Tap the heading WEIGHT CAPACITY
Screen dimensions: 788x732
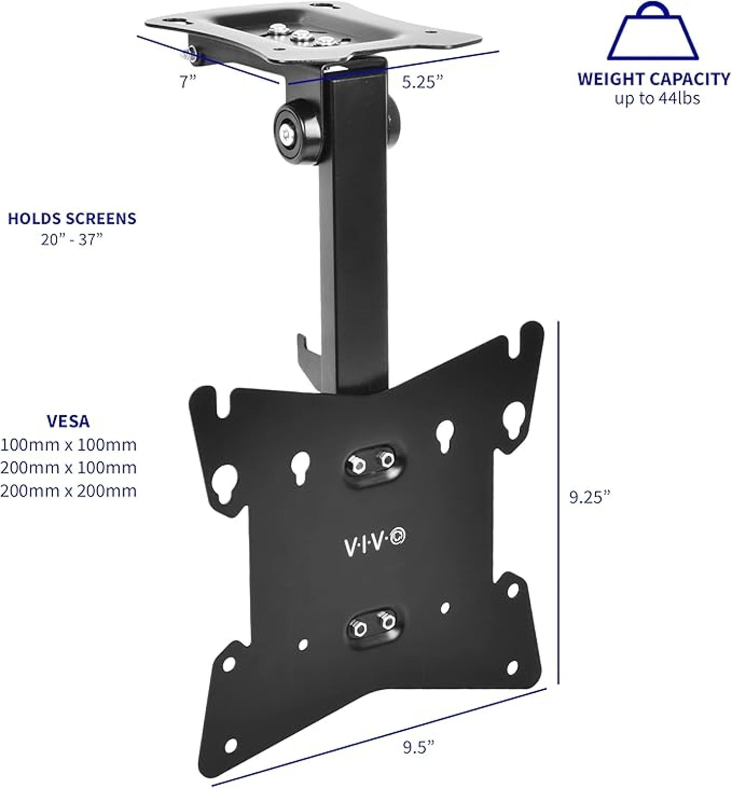click(653, 79)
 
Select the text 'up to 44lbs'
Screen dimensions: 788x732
click(657, 98)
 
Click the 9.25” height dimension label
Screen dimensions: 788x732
click(590, 497)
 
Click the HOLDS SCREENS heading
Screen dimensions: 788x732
click(72, 219)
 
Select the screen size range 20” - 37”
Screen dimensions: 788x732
click(72, 239)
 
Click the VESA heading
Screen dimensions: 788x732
click(68, 421)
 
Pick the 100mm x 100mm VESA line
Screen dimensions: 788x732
click(68, 445)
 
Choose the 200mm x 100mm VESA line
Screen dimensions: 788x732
click(68, 467)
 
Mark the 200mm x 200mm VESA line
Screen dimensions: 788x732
click(68, 491)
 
